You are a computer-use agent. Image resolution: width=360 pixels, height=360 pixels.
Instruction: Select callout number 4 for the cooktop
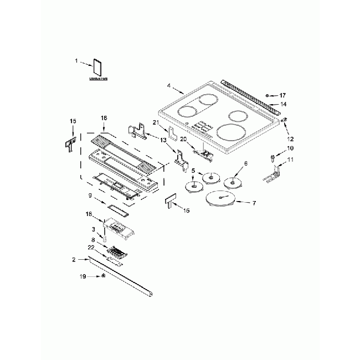pos(168,87)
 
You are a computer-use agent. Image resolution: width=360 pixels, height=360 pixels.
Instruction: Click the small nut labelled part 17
pos(268,95)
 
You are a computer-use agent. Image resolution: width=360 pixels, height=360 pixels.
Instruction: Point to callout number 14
pos(283,104)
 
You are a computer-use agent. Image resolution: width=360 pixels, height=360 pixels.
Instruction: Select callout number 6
pos(245,163)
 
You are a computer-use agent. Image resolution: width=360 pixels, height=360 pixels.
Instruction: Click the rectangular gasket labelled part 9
pos(117,208)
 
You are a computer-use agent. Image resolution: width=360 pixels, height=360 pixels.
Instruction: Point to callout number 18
pos(88,213)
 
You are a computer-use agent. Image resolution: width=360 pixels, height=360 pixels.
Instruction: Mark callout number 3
pos(94,229)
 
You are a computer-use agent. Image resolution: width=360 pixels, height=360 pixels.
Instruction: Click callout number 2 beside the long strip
pos(74,259)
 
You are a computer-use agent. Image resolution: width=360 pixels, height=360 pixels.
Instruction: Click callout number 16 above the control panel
pos(103,118)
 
